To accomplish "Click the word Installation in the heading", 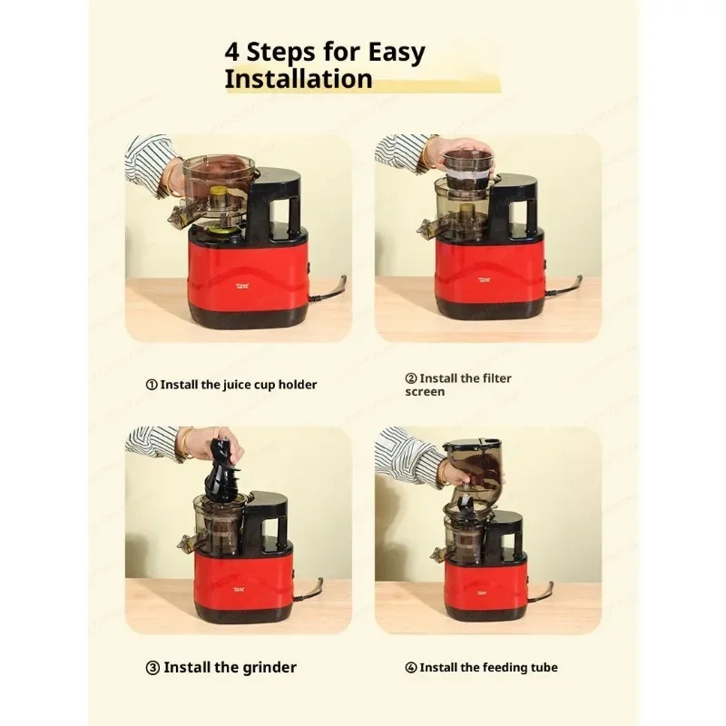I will click(x=299, y=79).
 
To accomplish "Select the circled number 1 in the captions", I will click(x=152, y=384).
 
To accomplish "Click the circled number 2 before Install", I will click(x=411, y=378).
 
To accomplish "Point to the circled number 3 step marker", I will click(x=152, y=667).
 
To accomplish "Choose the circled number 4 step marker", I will click(x=411, y=667).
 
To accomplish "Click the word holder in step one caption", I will click(x=296, y=384).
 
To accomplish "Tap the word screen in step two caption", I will click(x=425, y=392).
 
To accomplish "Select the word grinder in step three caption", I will click(x=266, y=667).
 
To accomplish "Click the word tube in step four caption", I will click(x=544, y=667).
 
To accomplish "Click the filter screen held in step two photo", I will click(x=468, y=164).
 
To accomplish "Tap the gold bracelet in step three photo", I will click(x=186, y=444).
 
